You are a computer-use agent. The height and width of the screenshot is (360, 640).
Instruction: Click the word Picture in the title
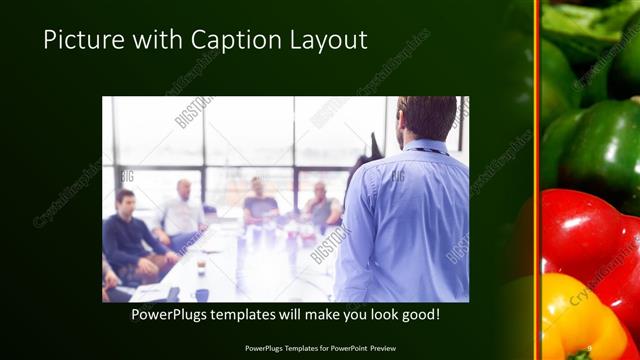(80, 40)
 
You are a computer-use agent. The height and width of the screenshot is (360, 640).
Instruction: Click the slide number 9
(591, 348)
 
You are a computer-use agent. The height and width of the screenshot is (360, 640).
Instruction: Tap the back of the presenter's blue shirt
(405, 220)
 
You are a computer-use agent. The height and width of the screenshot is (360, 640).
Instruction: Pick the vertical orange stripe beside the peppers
(537, 180)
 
